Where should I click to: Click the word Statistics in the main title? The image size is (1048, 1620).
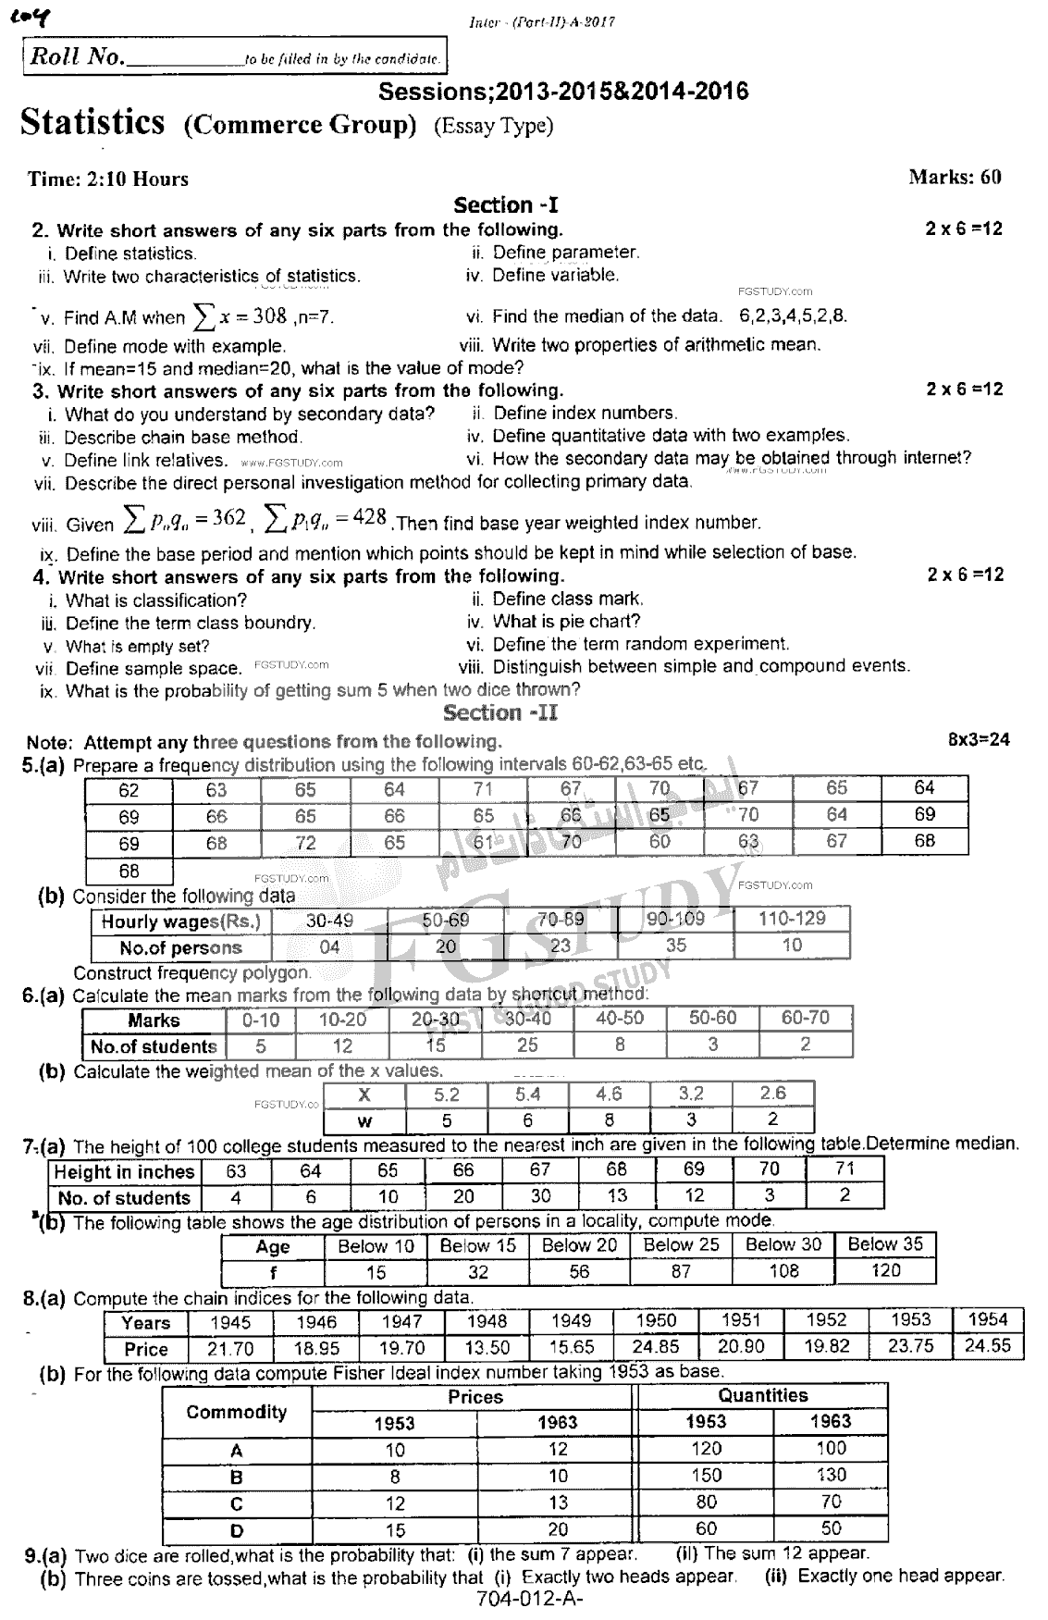click(x=92, y=122)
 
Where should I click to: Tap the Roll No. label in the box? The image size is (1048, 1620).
click(x=77, y=56)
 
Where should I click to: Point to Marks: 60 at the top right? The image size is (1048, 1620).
click(x=955, y=177)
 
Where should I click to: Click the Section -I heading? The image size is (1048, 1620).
click(x=505, y=205)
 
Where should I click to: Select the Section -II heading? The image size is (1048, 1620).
click(x=499, y=712)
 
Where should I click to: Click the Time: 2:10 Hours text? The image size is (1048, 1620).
click(x=108, y=179)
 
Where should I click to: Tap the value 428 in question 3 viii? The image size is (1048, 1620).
click(x=369, y=517)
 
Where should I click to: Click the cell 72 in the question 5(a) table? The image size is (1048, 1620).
click(x=305, y=843)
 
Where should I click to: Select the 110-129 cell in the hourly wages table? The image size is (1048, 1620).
click(x=791, y=919)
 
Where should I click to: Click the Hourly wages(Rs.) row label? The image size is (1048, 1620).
click(x=181, y=921)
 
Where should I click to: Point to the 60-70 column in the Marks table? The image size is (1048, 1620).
click(x=805, y=1018)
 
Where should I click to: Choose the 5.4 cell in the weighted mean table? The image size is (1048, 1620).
click(x=527, y=1094)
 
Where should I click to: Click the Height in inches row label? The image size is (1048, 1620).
click(x=124, y=1172)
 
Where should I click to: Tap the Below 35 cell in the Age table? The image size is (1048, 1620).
click(x=885, y=1244)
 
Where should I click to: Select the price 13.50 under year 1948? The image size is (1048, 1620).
click(x=487, y=1347)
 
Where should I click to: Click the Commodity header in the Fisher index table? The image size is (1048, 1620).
click(x=236, y=1412)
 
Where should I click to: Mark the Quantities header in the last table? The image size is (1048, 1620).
click(x=762, y=1395)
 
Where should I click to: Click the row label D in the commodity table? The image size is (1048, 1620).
click(x=237, y=1529)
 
